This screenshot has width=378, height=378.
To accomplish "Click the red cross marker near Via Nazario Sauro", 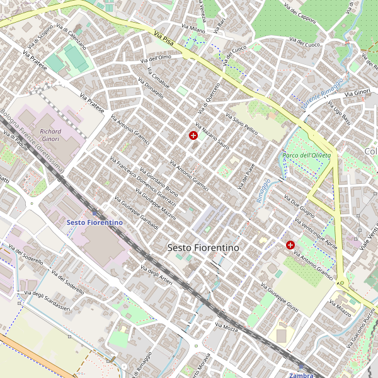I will click(193, 135).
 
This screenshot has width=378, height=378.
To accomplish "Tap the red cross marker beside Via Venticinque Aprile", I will click(290, 244).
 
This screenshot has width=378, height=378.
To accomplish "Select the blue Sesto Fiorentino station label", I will click(94, 222).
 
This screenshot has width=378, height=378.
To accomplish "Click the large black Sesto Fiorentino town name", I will click(203, 248).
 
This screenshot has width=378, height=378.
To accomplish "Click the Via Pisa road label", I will click(163, 38).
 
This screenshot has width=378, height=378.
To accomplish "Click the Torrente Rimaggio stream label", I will click(323, 94).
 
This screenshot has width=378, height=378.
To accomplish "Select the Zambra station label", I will click(301, 375).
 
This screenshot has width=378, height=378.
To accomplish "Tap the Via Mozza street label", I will click(226, 328).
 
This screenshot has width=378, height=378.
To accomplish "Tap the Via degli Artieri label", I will click(157, 275).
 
